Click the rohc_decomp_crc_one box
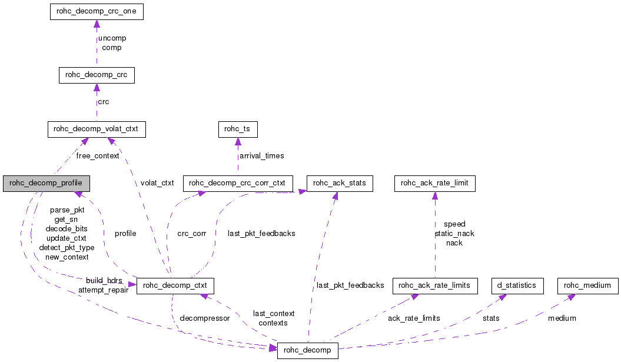click(x=97, y=11)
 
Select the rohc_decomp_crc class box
click(x=97, y=75)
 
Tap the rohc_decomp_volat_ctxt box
click(x=97, y=129)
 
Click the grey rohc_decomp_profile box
click(x=45, y=183)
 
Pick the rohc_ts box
click(x=238, y=129)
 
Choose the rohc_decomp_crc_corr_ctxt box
click(x=238, y=183)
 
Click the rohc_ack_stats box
click(x=340, y=183)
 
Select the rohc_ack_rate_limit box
click(x=434, y=183)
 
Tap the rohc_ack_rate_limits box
click(x=434, y=285)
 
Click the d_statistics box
click(x=517, y=285)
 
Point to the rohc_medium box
click(x=588, y=285)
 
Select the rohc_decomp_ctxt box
click(x=175, y=287)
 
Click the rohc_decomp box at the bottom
click(x=308, y=351)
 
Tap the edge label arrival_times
click(x=261, y=156)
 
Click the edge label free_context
click(x=98, y=156)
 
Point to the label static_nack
click(x=454, y=234)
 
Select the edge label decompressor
click(x=205, y=318)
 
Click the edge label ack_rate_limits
click(x=414, y=318)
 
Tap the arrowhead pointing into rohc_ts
click(x=238, y=141)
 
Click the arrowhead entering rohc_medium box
click(x=570, y=297)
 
